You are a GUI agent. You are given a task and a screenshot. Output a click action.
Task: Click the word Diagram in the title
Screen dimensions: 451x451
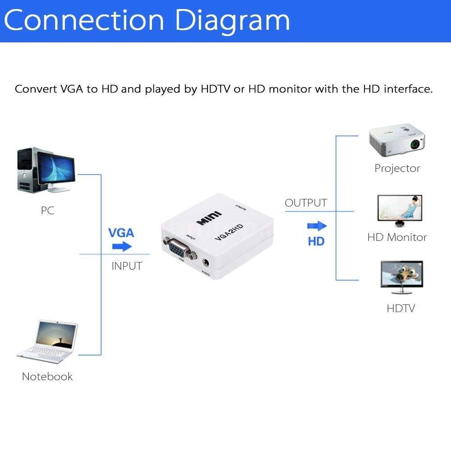(x=233, y=20)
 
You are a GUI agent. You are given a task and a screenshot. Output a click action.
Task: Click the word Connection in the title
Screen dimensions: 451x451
(x=86, y=20)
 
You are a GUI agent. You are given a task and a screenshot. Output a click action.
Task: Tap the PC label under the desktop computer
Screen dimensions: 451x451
(x=47, y=210)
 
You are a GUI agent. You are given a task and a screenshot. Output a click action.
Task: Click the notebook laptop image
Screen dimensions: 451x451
(x=47, y=341)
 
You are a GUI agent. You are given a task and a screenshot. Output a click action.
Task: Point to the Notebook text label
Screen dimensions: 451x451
(x=47, y=377)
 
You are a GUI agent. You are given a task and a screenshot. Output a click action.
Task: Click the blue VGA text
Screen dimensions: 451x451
(x=121, y=233)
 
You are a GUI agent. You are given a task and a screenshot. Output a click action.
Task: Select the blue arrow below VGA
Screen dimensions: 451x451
(x=122, y=247)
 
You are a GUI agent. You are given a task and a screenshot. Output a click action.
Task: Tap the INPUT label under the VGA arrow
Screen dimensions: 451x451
(x=127, y=266)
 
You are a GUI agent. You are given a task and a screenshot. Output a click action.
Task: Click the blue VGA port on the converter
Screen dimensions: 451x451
(x=179, y=247)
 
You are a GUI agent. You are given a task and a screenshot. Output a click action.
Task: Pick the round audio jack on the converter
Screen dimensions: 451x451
(x=207, y=262)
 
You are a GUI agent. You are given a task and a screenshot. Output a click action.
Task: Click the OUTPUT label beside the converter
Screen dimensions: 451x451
(x=306, y=203)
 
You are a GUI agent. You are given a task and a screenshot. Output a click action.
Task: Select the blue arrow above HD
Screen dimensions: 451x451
(x=317, y=226)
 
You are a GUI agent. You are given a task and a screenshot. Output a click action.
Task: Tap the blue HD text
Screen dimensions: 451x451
(x=316, y=241)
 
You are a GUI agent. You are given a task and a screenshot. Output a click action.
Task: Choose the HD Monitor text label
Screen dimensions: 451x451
(x=397, y=237)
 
